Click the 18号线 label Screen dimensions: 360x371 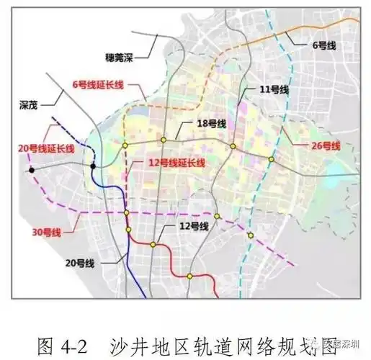point(211,124)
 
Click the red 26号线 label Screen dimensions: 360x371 point(326,146)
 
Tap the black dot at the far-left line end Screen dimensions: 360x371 point(32,170)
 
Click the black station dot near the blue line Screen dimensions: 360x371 point(93,167)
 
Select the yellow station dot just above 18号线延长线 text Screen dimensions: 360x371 point(164,139)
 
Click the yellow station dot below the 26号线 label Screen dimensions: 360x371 point(272,159)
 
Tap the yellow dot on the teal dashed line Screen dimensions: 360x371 point(250,235)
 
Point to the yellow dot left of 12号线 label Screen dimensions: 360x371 point(153,245)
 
